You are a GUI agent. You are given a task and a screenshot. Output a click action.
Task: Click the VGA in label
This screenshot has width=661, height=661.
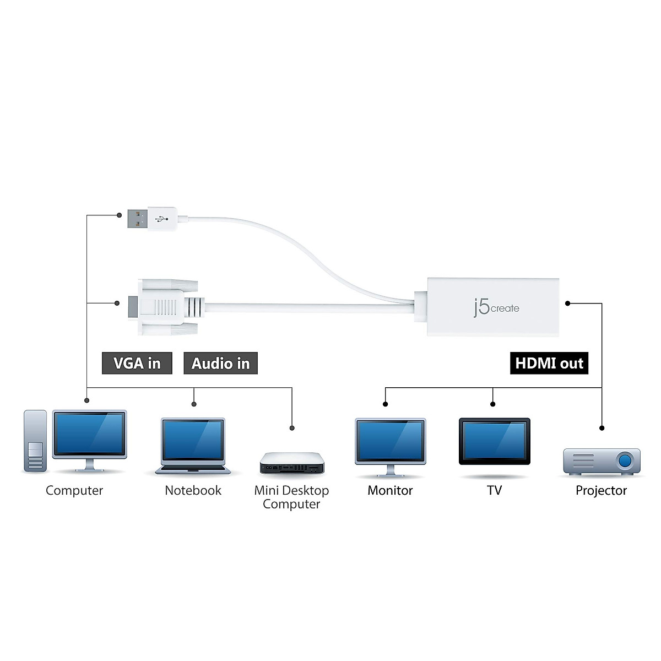pos(137,364)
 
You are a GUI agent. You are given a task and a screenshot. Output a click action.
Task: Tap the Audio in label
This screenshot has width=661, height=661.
pos(220,364)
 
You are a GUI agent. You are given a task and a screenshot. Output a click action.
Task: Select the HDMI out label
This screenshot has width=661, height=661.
pos(549,364)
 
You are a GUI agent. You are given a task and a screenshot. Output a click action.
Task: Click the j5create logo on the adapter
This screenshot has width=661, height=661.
pos(496,307)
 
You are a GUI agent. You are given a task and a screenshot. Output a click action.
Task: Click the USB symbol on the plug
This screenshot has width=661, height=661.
pos(161,219)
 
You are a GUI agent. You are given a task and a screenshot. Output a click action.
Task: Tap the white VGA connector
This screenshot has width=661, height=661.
pos(162,307)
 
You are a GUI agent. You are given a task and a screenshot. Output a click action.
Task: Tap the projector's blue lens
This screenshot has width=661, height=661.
pos(625,459)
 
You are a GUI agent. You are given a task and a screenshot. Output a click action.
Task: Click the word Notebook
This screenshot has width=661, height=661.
pos(193,490)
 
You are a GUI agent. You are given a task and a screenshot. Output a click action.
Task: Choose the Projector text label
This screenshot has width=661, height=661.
pos(601,490)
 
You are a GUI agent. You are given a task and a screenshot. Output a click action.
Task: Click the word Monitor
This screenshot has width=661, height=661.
pos(390,490)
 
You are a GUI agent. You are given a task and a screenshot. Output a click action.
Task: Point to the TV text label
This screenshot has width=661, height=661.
pos(494,490)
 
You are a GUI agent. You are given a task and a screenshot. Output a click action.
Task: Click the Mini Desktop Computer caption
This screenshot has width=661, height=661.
pos(291,497)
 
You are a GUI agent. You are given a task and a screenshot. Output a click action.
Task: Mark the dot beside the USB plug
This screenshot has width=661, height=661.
pos(118,215)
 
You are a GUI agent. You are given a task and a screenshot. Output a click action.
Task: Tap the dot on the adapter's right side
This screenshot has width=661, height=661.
pos(568,303)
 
